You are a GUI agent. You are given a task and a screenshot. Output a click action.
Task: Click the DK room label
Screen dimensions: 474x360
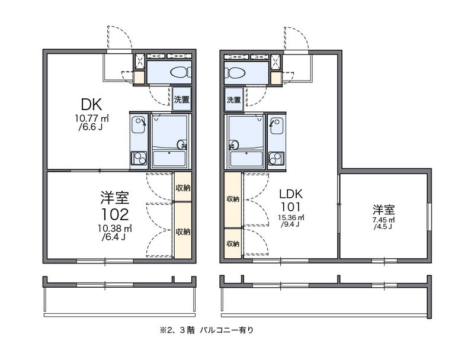click(91, 104)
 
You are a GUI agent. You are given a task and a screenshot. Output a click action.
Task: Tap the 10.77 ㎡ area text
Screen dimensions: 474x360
click(92, 118)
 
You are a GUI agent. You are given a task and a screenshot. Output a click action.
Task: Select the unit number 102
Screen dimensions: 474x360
click(115, 214)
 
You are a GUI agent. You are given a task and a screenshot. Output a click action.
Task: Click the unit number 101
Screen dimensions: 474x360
click(290, 207)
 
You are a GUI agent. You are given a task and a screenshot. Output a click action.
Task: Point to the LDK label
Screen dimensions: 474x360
click(290, 194)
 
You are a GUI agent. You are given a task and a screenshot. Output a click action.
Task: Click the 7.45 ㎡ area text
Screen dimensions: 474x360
click(383, 220)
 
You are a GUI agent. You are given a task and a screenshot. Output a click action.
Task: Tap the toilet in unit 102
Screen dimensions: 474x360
click(181, 72)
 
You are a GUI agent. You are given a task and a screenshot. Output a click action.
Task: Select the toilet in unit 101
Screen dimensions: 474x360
click(235, 73)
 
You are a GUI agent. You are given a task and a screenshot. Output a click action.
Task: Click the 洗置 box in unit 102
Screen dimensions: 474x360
click(182, 99)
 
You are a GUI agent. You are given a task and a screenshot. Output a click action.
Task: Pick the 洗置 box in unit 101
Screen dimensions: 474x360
click(233, 99)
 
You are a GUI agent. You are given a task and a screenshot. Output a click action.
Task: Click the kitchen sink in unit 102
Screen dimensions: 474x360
click(139, 126)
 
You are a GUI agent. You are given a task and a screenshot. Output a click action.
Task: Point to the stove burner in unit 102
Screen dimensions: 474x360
click(139, 158)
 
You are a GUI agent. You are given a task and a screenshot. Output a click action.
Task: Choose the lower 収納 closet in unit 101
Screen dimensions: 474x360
click(233, 243)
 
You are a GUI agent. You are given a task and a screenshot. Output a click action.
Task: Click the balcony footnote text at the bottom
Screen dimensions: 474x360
click(207, 330)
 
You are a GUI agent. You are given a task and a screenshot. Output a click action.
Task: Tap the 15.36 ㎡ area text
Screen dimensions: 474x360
click(291, 217)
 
